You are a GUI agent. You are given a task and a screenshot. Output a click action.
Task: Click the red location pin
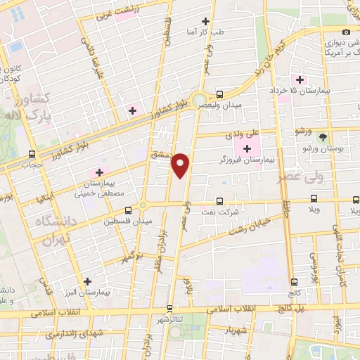pyautogui.click(x=181, y=165)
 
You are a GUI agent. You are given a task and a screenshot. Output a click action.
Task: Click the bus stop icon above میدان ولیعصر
pyautogui.click(x=220, y=94)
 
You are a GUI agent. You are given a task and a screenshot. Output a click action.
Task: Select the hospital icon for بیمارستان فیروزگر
pyautogui.click(x=247, y=148)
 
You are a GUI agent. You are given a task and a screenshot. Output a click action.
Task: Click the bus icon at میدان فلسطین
pyautogui.click(x=128, y=210)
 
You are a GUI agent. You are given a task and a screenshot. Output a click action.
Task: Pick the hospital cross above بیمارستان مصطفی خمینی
pyautogui.click(x=99, y=172)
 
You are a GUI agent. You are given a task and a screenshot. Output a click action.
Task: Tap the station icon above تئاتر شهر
pyautogui.click(x=169, y=307)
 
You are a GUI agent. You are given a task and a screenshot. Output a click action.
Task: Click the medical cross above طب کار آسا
pyautogui.click(x=205, y=22)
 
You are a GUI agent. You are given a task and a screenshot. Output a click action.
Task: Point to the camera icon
pyautogui.click(x=345, y=32)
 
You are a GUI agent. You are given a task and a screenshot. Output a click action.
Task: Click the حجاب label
pyautogui.click(x=32, y=166)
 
